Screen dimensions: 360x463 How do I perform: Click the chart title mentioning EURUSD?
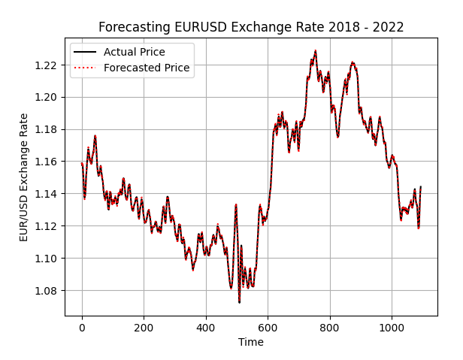click(251, 27)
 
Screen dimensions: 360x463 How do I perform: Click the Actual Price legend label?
click(135, 52)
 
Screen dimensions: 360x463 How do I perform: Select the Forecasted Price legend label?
click(147, 68)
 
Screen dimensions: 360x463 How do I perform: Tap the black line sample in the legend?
click(85, 52)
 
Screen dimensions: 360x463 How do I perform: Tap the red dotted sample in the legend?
click(85, 68)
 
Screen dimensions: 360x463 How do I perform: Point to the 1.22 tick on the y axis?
click(47, 65)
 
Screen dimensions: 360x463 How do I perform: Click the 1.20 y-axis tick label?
click(47, 97)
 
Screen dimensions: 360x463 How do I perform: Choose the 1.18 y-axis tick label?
click(47, 129)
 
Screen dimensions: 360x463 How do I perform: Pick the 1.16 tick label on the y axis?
click(47, 162)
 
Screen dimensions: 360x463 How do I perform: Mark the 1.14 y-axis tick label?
click(47, 194)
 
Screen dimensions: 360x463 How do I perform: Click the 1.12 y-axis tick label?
click(47, 226)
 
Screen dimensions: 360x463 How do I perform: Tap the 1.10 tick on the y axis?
click(47, 259)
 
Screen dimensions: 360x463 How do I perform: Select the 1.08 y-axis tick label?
click(47, 291)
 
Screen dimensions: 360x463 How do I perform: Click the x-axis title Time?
click(251, 342)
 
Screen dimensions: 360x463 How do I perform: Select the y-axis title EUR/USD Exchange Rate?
click(24, 177)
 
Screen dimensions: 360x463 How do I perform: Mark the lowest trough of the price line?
click(239, 302)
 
